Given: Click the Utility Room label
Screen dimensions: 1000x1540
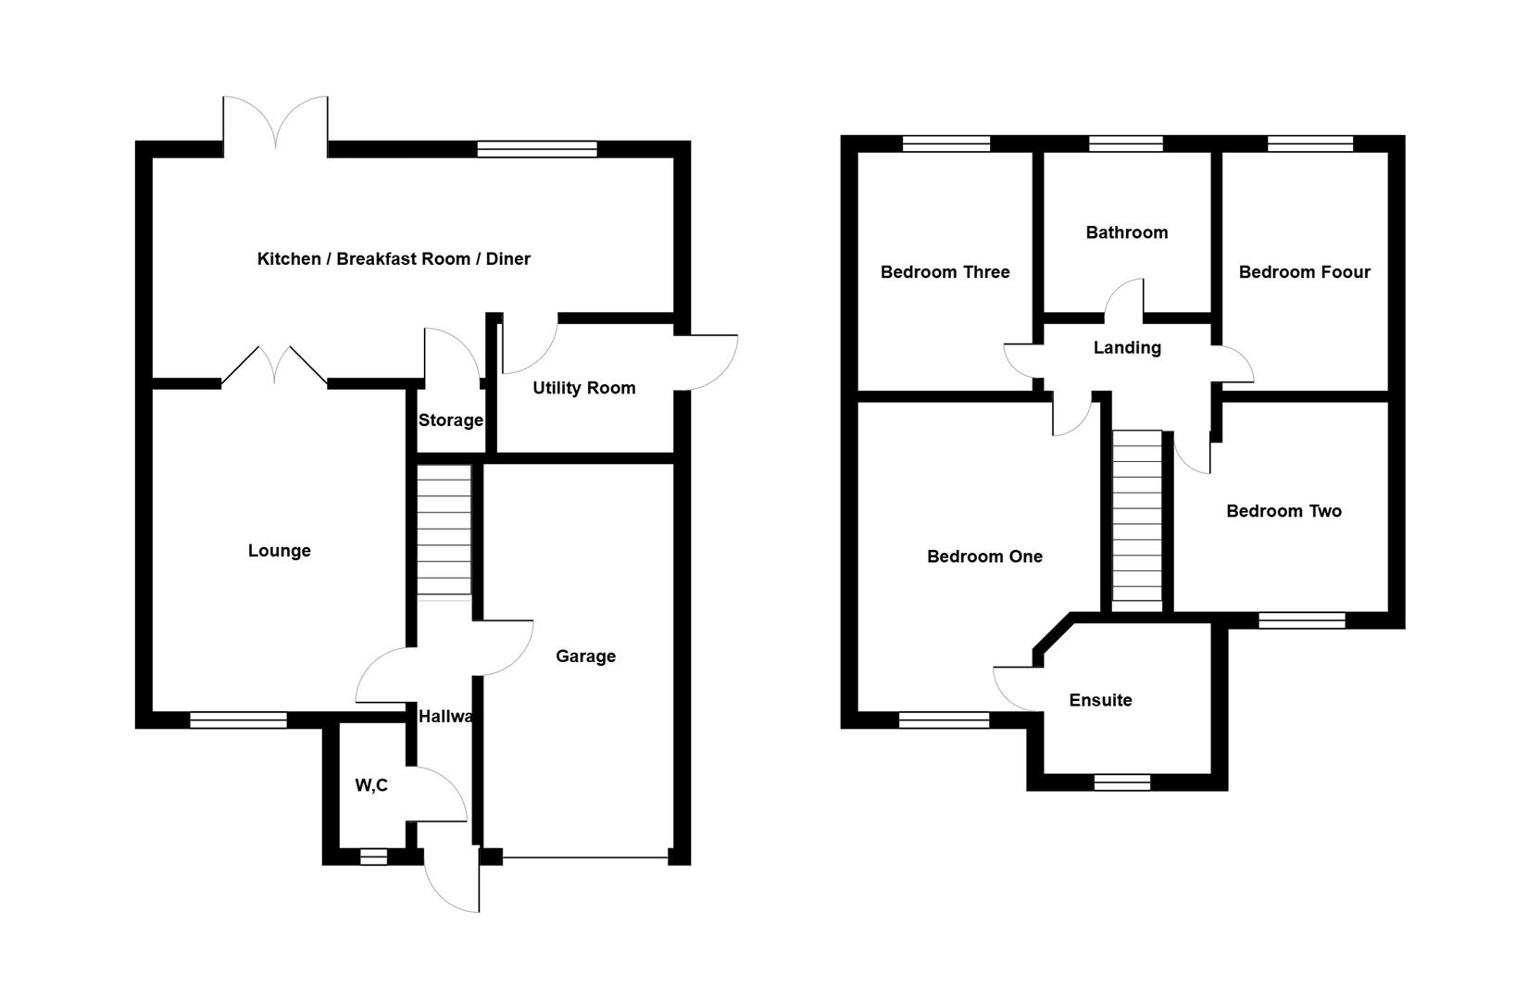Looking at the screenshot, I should [583, 388].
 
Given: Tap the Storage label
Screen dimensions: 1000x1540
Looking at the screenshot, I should [450, 420].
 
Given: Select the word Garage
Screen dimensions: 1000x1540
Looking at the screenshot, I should [585, 656].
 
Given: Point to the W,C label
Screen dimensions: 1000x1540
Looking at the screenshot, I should [371, 785].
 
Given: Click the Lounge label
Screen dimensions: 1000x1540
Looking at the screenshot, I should [279, 551].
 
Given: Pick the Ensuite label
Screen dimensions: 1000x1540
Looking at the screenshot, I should [1100, 700].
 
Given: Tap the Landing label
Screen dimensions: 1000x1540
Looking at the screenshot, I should [1127, 347].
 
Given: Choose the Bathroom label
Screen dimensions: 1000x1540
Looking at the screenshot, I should [1126, 232].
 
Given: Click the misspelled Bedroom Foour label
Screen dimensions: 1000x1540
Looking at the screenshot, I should [1304, 271].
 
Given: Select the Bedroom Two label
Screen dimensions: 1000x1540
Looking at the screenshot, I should [1283, 511].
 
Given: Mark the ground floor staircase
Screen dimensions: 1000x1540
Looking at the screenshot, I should [444, 530].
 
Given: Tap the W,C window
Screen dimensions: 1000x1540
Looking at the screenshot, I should [373, 856].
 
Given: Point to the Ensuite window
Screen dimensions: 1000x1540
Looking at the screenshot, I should [1122, 782].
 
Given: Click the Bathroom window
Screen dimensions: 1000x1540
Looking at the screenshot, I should [1125, 144].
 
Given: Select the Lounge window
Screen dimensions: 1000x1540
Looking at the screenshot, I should [238, 719].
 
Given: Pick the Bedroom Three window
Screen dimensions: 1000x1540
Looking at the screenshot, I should [945, 144].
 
